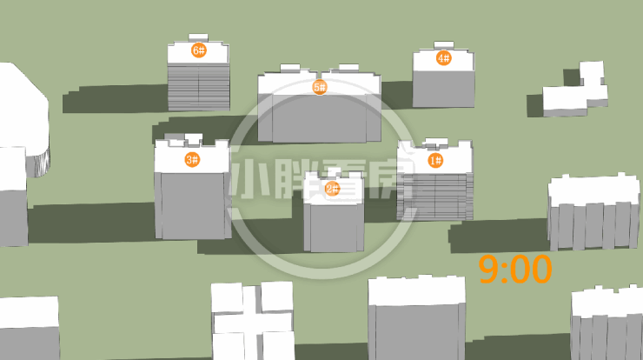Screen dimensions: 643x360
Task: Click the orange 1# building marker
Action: (435, 160)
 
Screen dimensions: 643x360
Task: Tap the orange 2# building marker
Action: (332, 189)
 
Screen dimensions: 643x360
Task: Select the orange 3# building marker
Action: (192, 159)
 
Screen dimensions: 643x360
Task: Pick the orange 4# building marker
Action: (443, 58)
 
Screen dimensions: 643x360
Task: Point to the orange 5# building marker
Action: (320, 87)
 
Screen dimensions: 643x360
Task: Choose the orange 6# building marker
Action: (198, 50)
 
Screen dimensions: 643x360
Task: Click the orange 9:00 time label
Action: (515, 270)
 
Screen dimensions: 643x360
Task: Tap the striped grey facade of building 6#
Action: (198, 87)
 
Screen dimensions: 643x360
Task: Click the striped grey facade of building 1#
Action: (435, 197)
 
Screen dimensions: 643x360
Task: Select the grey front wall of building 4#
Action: (443, 89)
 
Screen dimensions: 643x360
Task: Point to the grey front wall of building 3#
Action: (193, 205)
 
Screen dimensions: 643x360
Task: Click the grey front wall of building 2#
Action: (334, 228)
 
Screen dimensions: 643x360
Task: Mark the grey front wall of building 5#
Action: (320, 118)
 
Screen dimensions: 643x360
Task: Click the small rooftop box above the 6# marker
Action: (198, 37)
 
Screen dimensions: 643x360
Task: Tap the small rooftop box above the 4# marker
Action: (444, 44)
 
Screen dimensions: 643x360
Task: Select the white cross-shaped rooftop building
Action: (253, 320)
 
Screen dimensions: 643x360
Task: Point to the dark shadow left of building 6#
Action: (115, 98)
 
